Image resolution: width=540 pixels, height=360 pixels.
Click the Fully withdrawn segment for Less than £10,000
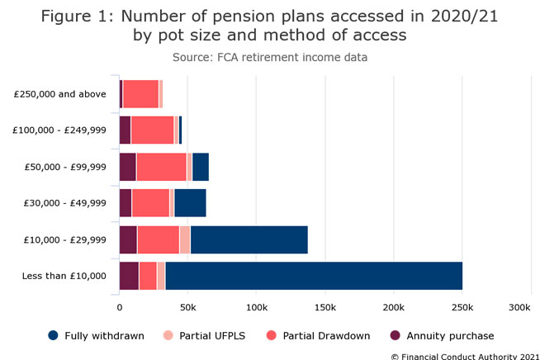coord(314,276)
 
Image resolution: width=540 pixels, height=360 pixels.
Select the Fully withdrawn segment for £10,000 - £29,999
coord(249,239)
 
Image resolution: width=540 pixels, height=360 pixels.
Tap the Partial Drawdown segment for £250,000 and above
coord(140,94)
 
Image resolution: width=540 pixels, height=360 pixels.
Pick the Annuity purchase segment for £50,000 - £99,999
coord(127,167)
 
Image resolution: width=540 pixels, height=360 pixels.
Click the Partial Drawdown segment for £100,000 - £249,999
coord(152,130)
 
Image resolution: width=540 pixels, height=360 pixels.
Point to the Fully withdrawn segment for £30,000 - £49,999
coord(190,203)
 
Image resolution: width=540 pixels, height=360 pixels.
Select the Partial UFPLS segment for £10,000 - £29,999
coord(185,239)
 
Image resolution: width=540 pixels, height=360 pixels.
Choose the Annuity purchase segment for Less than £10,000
coord(129,276)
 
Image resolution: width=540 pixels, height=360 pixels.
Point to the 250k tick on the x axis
coord(462,307)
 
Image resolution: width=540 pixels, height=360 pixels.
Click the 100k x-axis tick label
coord(256,307)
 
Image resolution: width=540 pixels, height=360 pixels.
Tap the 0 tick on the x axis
coord(120,307)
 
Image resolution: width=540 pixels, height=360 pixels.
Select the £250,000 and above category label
coord(60,94)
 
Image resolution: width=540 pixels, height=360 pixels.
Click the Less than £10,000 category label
coord(65,276)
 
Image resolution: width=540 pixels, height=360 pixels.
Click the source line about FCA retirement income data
coord(270,57)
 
